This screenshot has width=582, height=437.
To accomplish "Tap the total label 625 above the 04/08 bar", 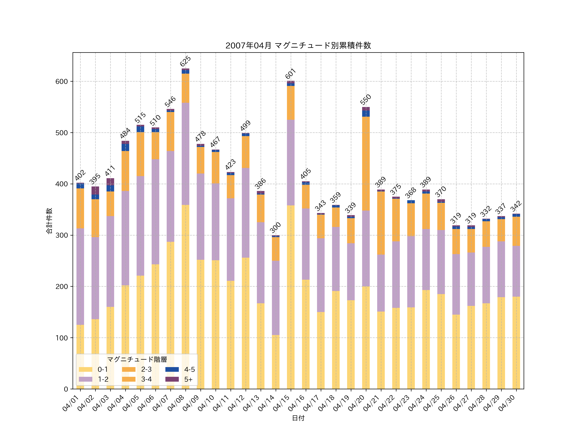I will click(x=185, y=61).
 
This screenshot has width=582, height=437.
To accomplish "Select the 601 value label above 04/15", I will click(x=291, y=74).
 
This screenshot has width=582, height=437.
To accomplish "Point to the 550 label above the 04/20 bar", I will click(x=366, y=99).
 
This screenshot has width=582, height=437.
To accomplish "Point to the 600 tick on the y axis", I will click(x=62, y=81).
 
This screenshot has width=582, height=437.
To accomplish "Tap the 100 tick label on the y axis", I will click(x=62, y=338).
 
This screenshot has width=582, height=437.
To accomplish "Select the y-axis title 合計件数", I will click(x=49, y=221).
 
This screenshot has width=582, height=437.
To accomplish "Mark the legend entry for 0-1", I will click(x=93, y=369).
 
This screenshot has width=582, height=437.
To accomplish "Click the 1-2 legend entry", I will click(x=94, y=379).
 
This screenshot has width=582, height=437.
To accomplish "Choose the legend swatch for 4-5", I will click(x=172, y=369).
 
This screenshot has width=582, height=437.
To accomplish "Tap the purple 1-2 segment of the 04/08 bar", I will click(x=185, y=154).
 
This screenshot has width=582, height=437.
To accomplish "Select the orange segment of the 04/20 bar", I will click(x=366, y=163).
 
